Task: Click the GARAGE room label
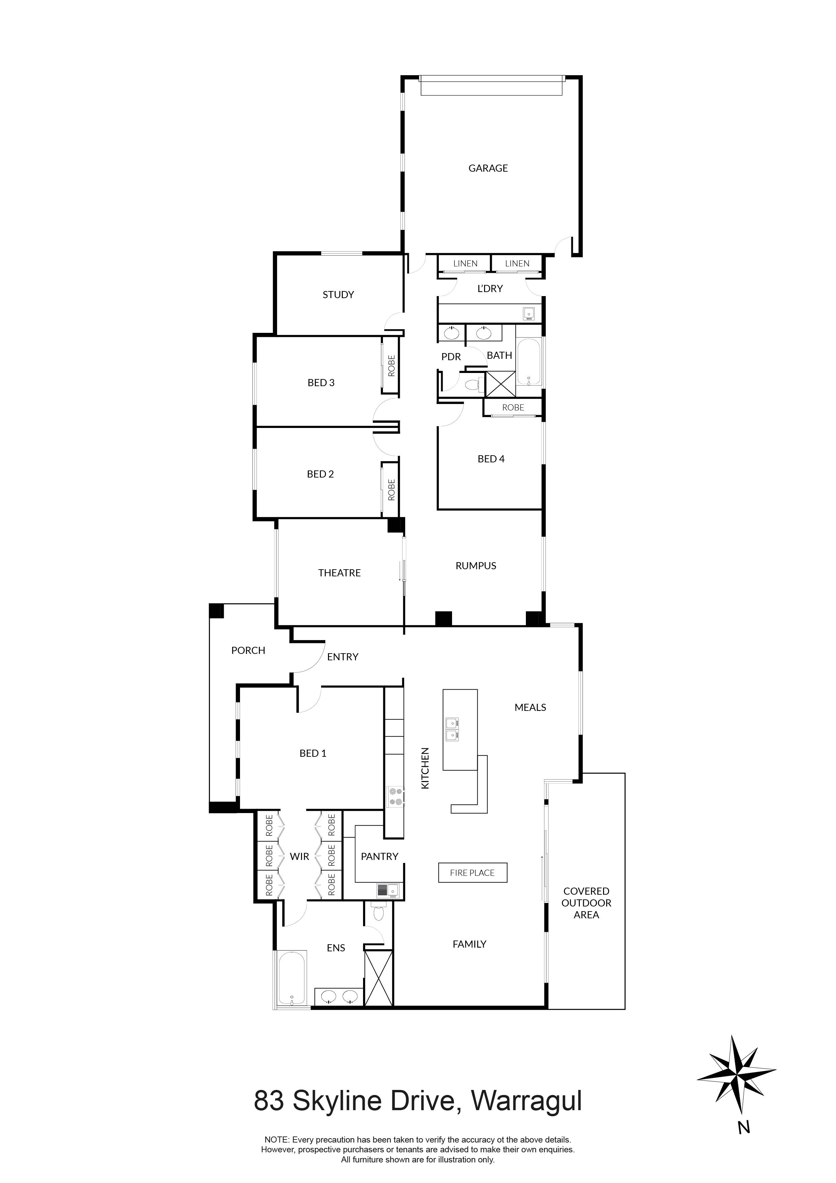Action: point(488,168)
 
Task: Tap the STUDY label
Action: point(338,295)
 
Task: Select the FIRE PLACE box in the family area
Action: point(472,873)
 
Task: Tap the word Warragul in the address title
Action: point(527,1101)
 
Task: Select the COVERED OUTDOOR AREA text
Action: point(586,903)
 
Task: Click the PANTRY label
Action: point(379,856)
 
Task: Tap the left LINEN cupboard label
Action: point(465,264)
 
